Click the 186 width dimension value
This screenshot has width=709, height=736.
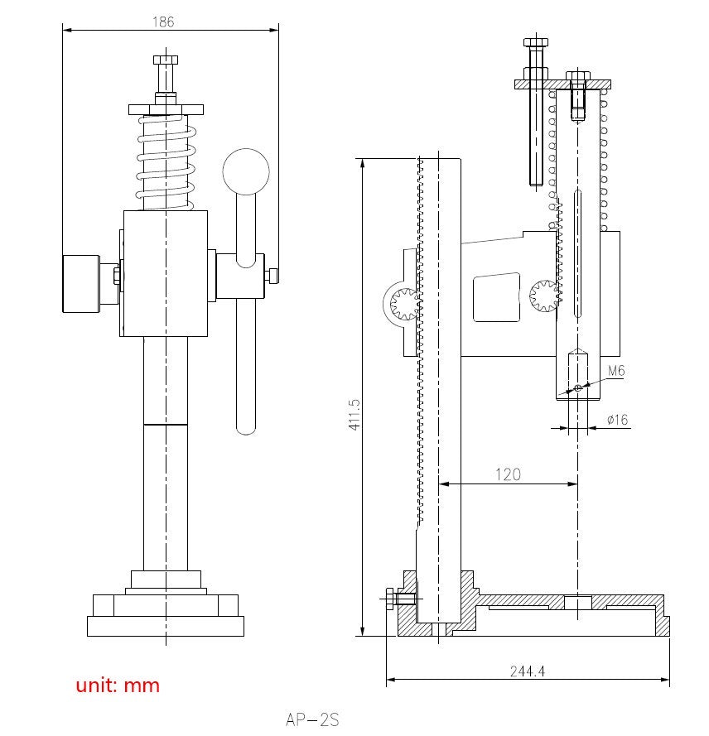coord(163,22)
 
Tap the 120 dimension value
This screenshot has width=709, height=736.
coord(508,474)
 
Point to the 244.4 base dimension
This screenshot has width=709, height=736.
coord(527,671)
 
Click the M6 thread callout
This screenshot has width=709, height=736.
coord(615,371)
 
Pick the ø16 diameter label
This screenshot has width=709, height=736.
coord(617,420)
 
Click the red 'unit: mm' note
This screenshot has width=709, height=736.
coord(118,685)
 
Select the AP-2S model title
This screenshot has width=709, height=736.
coord(312,719)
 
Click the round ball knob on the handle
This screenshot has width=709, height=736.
coord(246,171)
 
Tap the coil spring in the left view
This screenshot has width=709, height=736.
coord(166,162)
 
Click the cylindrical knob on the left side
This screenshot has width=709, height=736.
coord(80,283)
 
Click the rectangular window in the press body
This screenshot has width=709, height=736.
coord(495,298)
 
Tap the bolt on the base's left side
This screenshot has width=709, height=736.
coord(398,599)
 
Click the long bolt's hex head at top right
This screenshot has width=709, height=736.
coord(535,42)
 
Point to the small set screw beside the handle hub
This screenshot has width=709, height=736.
coord(271,276)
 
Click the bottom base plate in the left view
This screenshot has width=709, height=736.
coord(166,626)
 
